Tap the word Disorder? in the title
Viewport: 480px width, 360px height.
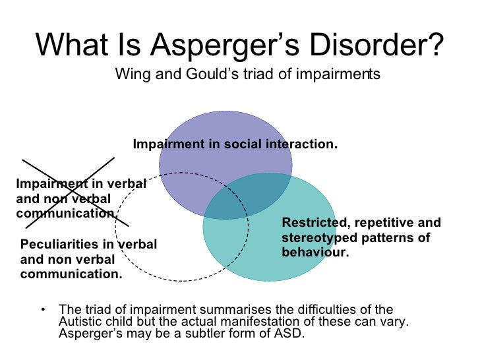(x=384, y=45)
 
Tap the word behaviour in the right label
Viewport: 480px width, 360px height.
(x=313, y=252)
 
